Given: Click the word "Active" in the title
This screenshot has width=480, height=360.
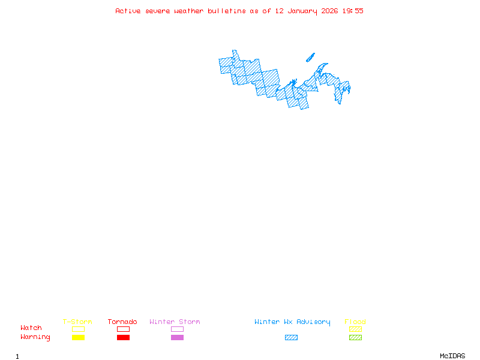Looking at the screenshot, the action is [128, 11].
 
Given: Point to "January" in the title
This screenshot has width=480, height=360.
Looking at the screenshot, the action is [301, 11].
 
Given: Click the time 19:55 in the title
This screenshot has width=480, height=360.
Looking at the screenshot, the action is [353, 11].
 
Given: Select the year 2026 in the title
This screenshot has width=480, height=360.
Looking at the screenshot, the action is [330, 11].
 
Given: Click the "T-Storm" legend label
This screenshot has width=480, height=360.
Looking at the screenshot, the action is [77, 322].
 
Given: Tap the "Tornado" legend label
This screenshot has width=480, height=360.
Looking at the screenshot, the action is [122, 322].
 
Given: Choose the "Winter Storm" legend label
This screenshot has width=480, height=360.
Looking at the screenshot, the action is [175, 322].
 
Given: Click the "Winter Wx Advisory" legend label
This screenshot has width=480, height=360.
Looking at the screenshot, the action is [292, 322].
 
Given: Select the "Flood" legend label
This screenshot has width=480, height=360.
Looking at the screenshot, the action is [355, 322].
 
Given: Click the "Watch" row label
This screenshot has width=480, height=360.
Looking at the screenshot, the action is [31, 328].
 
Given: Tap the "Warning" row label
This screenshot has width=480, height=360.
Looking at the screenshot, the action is [35, 337].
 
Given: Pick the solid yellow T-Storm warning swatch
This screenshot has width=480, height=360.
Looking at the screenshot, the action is [78, 338].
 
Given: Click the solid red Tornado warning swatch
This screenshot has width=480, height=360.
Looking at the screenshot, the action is [123, 338].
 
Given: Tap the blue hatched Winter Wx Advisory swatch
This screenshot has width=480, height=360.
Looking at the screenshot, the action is [291, 338].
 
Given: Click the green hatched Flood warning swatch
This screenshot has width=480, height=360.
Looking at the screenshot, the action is [355, 338].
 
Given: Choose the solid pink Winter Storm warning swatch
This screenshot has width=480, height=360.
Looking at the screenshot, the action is [177, 338].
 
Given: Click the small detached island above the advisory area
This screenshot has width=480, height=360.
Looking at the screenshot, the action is [310, 58].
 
